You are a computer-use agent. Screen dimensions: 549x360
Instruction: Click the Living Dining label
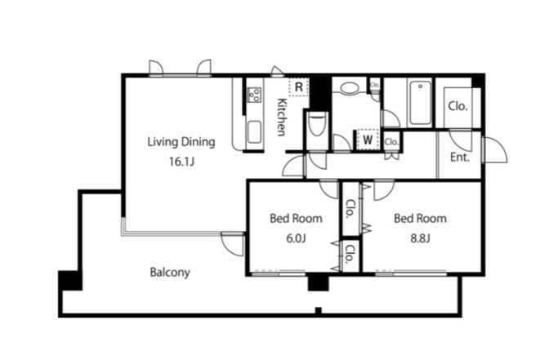pyautogui.click(x=181, y=142)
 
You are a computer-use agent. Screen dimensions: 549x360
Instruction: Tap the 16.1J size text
pyautogui.click(x=181, y=162)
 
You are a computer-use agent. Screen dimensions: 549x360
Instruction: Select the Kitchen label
pyautogui.click(x=282, y=117)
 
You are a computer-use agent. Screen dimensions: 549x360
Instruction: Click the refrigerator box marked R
pyautogui.click(x=299, y=87)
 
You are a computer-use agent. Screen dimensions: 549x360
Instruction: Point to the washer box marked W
pyautogui.click(x=368, y=140)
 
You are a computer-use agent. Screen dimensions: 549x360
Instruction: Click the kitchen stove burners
pyautogui.click(x=255, y=95)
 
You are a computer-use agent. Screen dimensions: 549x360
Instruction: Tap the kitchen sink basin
pyautogui.click(x=254, y=131)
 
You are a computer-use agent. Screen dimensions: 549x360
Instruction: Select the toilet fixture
pyautogui.click(x=318, y=125)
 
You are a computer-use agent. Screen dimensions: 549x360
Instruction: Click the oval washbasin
pyautogui.click(x=349, y=88)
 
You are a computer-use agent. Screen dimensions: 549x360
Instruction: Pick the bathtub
pyautogui.click(x=420, y=103)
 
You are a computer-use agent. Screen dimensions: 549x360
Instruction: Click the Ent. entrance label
pyautogui.click(x=460, y=158)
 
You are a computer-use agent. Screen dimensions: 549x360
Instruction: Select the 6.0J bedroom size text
pyautogui.click(x=296, y=238)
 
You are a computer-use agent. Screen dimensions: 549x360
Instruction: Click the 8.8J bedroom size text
pyautogui.click(x=420, y=238)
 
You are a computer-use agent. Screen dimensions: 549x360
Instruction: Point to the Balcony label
pyautogui.click(x=170, y=272)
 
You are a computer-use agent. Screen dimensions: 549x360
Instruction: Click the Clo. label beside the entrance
pyautogui.click(x=458, y=106)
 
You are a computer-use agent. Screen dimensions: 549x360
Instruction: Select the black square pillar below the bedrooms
pyautogui.click(x=319, y=283)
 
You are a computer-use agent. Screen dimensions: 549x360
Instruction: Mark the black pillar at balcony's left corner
pyautogui.click(x=70, y=280)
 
